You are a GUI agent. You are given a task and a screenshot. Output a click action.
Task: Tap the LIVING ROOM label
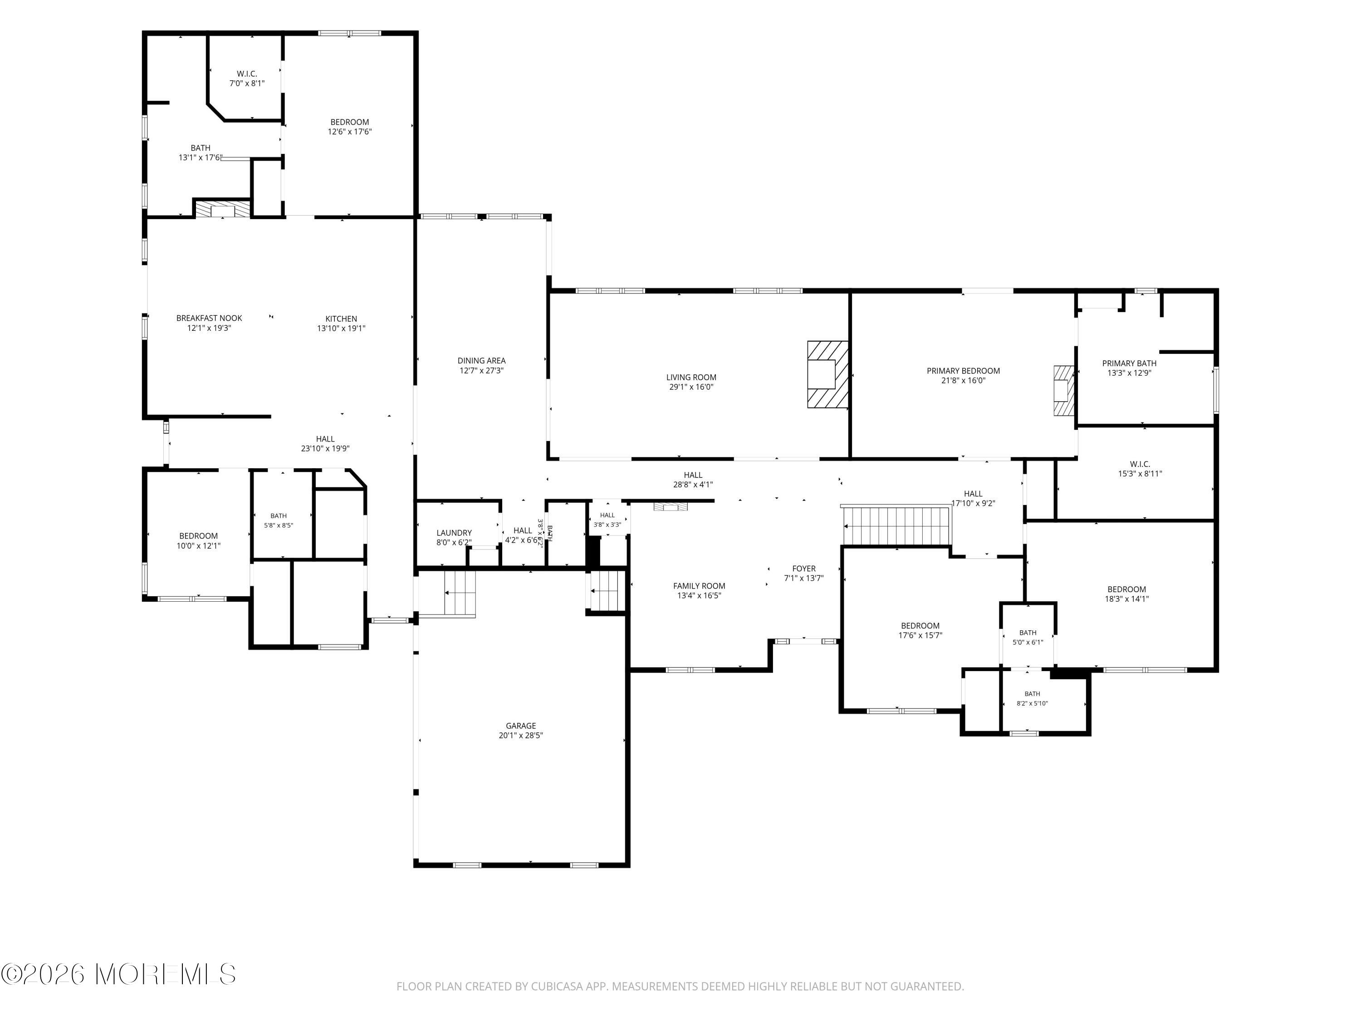click(691, 377)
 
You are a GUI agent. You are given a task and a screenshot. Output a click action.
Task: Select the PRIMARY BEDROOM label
click(963, 370)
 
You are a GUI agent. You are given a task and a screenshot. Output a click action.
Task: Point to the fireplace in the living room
click(828, 374)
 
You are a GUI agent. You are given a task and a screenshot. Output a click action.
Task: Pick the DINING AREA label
click(481, 361)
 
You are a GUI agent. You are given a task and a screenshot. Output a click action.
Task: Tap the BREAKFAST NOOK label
click(209, 318)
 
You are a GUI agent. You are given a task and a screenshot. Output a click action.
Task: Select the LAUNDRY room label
click(454, 533)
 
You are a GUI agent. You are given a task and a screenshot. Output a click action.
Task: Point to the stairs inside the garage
click(460, 593)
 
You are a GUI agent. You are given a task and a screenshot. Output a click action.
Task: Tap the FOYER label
click(803, 569)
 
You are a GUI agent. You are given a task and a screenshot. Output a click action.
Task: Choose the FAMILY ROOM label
click(699, 586)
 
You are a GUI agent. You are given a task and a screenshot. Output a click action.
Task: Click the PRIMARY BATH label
click(1129, 363)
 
